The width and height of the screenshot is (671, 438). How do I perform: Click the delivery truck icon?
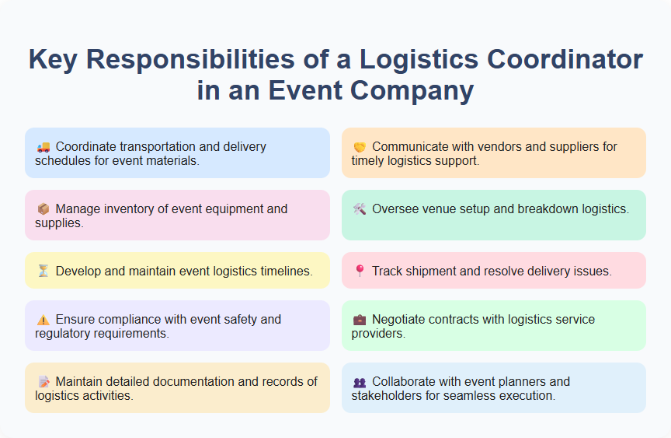click(43, 146)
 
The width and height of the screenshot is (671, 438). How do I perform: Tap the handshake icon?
click(360, 146)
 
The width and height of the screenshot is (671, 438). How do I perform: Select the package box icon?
click(43, 208)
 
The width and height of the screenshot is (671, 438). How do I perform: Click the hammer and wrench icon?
click(360, 208)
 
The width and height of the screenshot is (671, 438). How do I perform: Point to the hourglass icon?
click(43, 271)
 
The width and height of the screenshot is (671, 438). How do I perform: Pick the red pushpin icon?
click(360, 271)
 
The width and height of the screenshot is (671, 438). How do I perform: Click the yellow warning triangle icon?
click(43, 319)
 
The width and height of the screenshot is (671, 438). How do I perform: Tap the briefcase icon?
click(360, 319)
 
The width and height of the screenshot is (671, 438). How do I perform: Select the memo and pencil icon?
click(43, 381)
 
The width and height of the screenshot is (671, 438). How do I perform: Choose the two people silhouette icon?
click(360, 381)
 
